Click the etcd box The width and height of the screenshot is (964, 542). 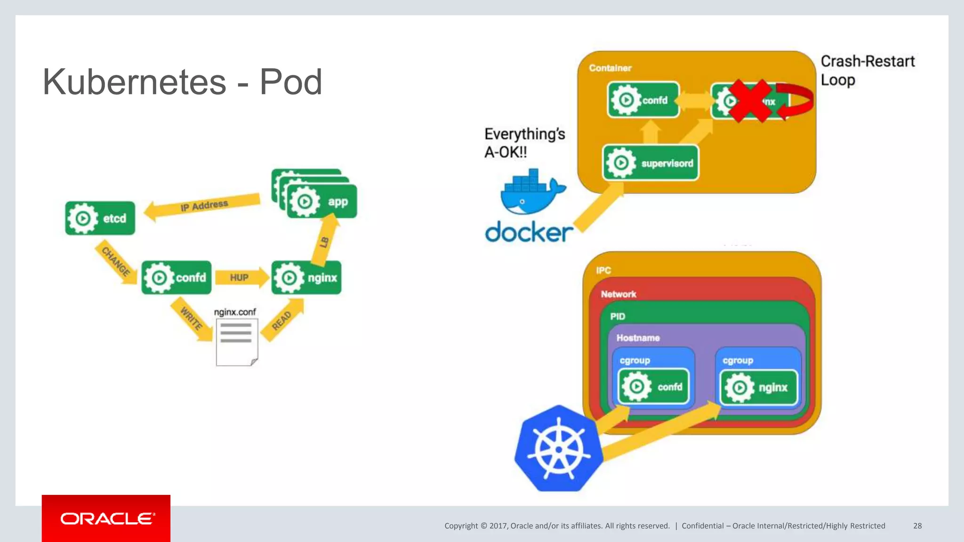click(x=100, y=218)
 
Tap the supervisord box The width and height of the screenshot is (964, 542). click(x=651, y=163)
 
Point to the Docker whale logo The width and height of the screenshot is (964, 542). click(x=531, y=192)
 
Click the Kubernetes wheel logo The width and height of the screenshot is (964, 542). click(x=559, y=449)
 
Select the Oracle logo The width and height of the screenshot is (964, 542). click(x=106, y=518)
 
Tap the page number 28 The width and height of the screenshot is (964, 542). click(x=917, y=526)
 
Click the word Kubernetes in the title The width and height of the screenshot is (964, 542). click(x=135, y=82)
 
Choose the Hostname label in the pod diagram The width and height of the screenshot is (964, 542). click(x=638, y=338)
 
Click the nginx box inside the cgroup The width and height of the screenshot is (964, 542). click(x=759, y=388)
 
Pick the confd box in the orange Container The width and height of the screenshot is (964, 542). click(x=643, y=100)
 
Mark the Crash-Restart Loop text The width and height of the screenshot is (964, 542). click(x=867, y=71)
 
